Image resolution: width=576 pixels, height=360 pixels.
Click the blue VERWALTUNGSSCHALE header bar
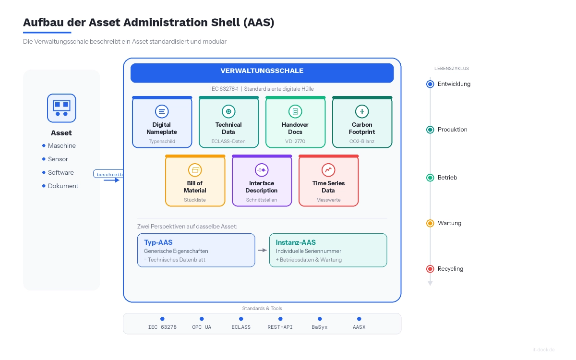coord(262,73)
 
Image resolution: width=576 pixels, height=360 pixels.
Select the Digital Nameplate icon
coord(162,112)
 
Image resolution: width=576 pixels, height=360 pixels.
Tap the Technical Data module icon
coord(228,112)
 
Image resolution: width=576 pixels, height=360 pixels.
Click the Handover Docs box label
coord(295,128)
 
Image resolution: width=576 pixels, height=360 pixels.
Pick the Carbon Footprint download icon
coord(362,112)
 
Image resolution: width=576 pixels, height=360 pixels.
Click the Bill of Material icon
coord(195,170)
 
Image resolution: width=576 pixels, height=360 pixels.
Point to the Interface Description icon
coord(262,170)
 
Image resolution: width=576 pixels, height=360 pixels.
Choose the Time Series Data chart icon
coord(328,170)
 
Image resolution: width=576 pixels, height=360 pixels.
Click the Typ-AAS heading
coord(158,242)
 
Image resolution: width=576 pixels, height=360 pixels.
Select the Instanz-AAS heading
coord(296,242)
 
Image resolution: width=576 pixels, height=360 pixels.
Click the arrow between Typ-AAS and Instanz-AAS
coord(262,250)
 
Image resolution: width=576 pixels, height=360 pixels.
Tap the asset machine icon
coord(61,108)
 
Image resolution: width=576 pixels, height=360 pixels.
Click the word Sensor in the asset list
coord(58,159)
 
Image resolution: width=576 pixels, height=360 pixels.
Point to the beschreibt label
coord(109,174)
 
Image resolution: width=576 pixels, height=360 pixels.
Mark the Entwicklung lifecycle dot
coord(430,84)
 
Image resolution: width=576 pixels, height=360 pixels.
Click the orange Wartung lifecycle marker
coord(430,223)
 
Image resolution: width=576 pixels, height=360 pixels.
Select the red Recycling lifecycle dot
coord(430,269)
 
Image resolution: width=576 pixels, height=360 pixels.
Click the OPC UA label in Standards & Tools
coord(202,327)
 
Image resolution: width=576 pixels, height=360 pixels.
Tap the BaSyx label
coord(319,327)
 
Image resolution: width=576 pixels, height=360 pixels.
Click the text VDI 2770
coord(295,142)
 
